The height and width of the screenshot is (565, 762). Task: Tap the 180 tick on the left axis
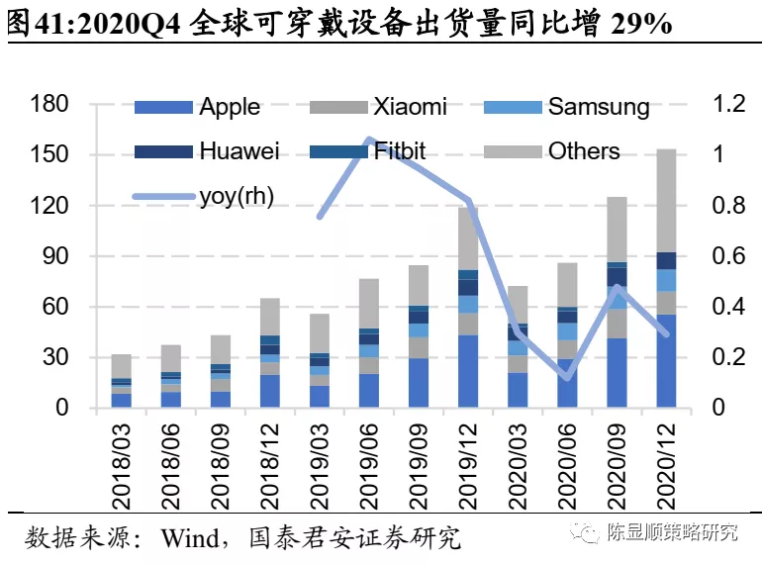48,105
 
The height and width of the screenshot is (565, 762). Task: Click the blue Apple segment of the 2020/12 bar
665,361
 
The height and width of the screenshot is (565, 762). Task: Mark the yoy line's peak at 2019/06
368,141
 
